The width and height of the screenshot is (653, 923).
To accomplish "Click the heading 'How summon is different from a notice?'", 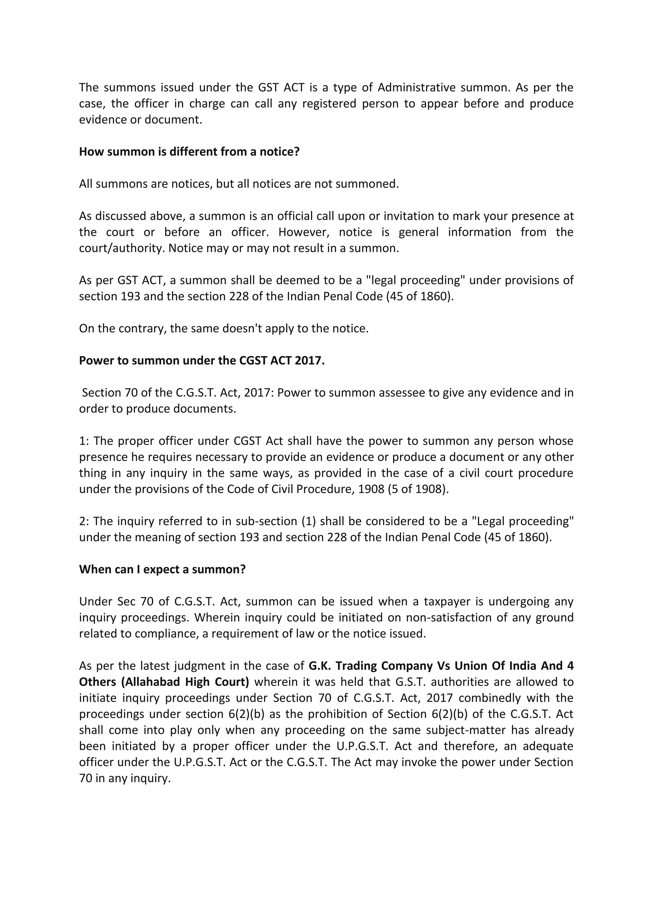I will (x=189, y=152).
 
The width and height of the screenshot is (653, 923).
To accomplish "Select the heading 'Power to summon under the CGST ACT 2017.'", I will (x=202, y=360).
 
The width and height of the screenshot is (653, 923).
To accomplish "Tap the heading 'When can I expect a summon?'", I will (x=162, y=570).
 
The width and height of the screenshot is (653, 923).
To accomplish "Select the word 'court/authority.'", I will (x=122, y=248).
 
